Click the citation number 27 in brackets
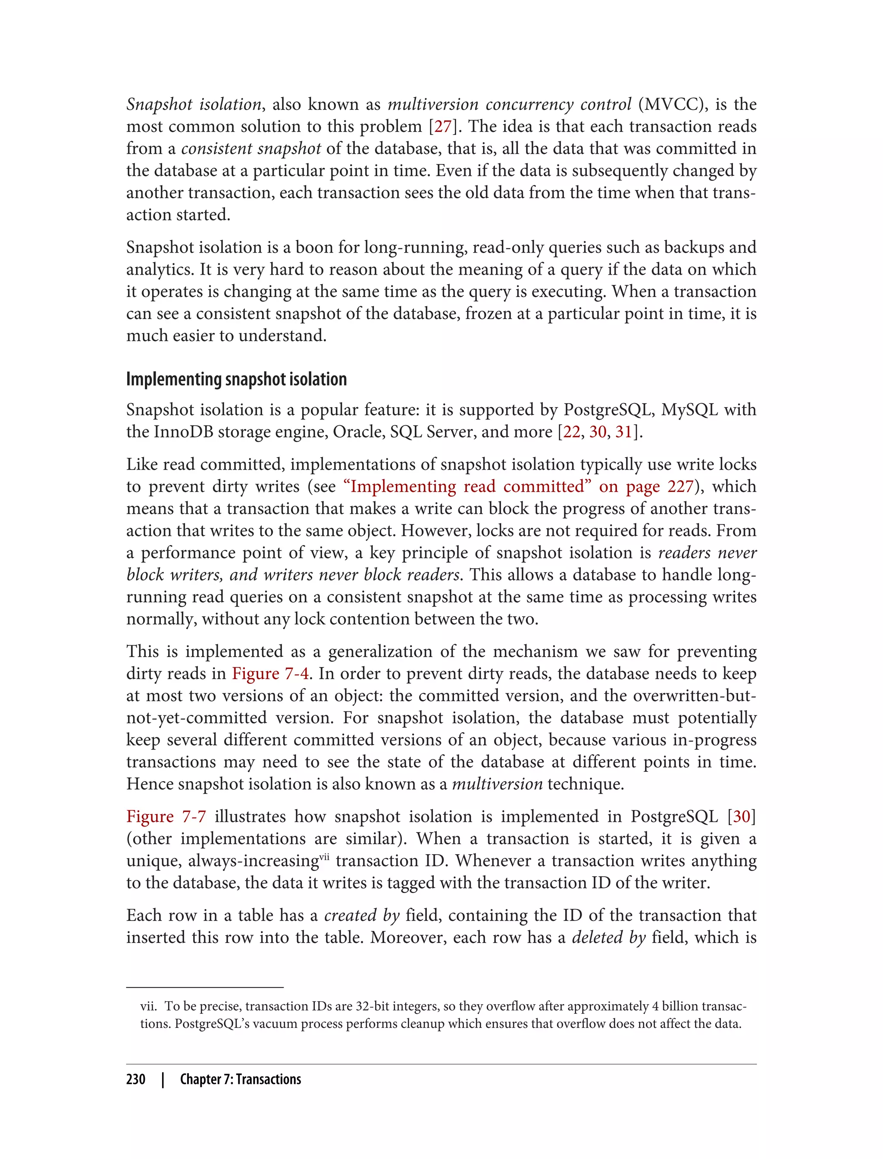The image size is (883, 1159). coord(442,127)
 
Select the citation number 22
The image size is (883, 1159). coord(571,432)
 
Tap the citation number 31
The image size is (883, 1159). coord(623,432)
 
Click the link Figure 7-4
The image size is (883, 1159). coord(270,674)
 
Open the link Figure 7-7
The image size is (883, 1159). coord(166,817)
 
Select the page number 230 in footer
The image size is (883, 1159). coord(136,1079)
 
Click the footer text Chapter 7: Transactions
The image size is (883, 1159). coord(240,1079)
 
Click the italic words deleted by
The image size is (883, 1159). coord(608,938)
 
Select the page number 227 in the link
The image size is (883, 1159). coord(681,487)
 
